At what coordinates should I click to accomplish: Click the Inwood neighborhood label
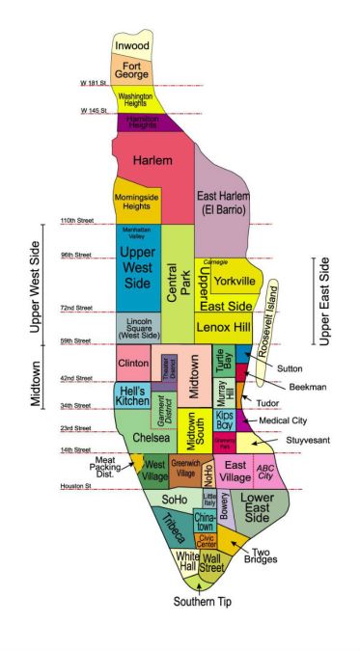(132, 46)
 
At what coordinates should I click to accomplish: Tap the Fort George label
(132, 68)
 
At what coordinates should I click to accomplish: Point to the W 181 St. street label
(97, 83)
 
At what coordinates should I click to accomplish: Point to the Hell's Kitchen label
(132, 395)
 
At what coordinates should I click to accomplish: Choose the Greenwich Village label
(184, 472)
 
